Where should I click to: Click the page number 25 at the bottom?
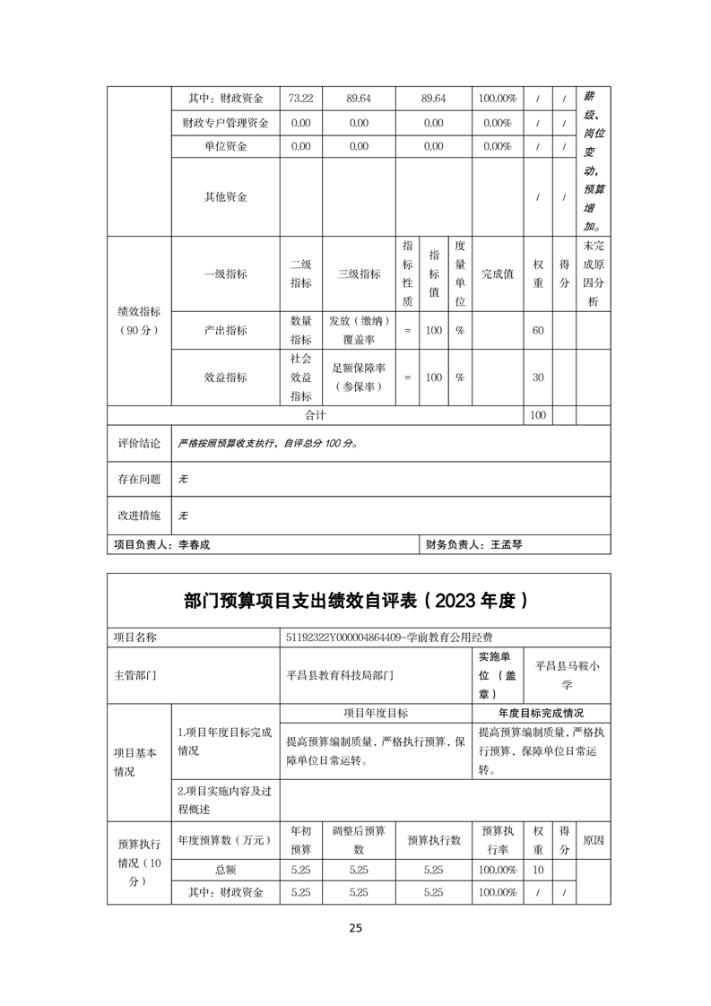356,928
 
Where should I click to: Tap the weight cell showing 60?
538,331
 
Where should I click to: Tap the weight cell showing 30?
538,377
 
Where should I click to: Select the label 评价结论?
139,443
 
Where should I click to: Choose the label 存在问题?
139,480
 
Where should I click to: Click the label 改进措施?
139,516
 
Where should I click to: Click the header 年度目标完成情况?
541,713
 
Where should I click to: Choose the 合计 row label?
316,415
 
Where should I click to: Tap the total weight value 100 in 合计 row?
538,415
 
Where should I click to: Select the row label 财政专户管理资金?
225,122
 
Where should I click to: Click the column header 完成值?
498,274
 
